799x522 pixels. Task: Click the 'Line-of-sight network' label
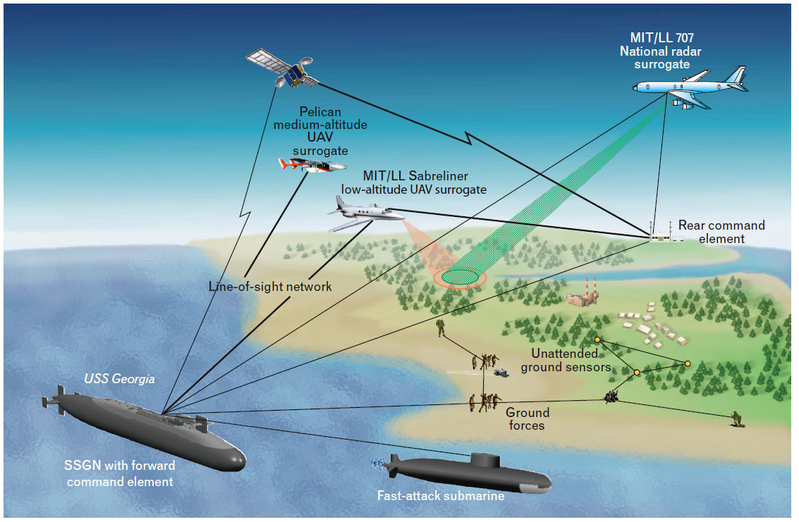point(270,287)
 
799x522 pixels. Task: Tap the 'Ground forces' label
point(525,419)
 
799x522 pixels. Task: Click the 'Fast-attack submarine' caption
point(441,496)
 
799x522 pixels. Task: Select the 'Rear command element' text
point(721,232)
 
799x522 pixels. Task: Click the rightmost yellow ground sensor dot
point(688,363)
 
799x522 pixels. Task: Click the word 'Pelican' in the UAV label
point(320,112)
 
